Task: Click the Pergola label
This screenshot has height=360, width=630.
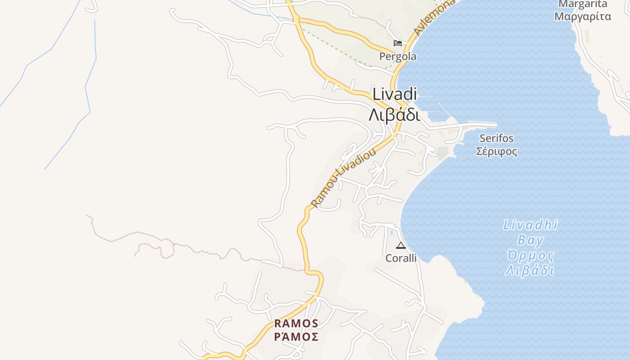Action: (397, 57)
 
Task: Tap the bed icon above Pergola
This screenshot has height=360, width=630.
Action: (397, 43)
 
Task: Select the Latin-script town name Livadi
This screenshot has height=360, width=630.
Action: (395, 94)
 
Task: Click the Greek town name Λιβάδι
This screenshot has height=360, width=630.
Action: (394, 115)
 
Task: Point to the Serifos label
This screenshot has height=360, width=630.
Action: (496, 138)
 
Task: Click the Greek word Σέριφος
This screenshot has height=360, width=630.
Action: (496, 151)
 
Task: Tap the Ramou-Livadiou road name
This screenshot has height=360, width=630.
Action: (343, 178)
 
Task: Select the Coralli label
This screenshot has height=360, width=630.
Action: (401, 258)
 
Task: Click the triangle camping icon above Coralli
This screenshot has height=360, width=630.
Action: (400, 246)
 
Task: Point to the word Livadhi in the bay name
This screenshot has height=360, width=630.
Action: (530, 225)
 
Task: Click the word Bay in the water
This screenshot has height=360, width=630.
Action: (530, 240)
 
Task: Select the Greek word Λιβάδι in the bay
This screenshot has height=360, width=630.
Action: (530, 270)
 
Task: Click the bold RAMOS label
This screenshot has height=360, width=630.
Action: (296, 324)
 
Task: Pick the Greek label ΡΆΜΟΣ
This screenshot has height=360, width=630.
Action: (296, 337)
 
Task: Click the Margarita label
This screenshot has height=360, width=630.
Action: (582, 4)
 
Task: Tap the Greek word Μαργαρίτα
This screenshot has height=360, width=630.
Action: (582, 17)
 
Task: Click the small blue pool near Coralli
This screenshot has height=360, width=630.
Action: (391, 233)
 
